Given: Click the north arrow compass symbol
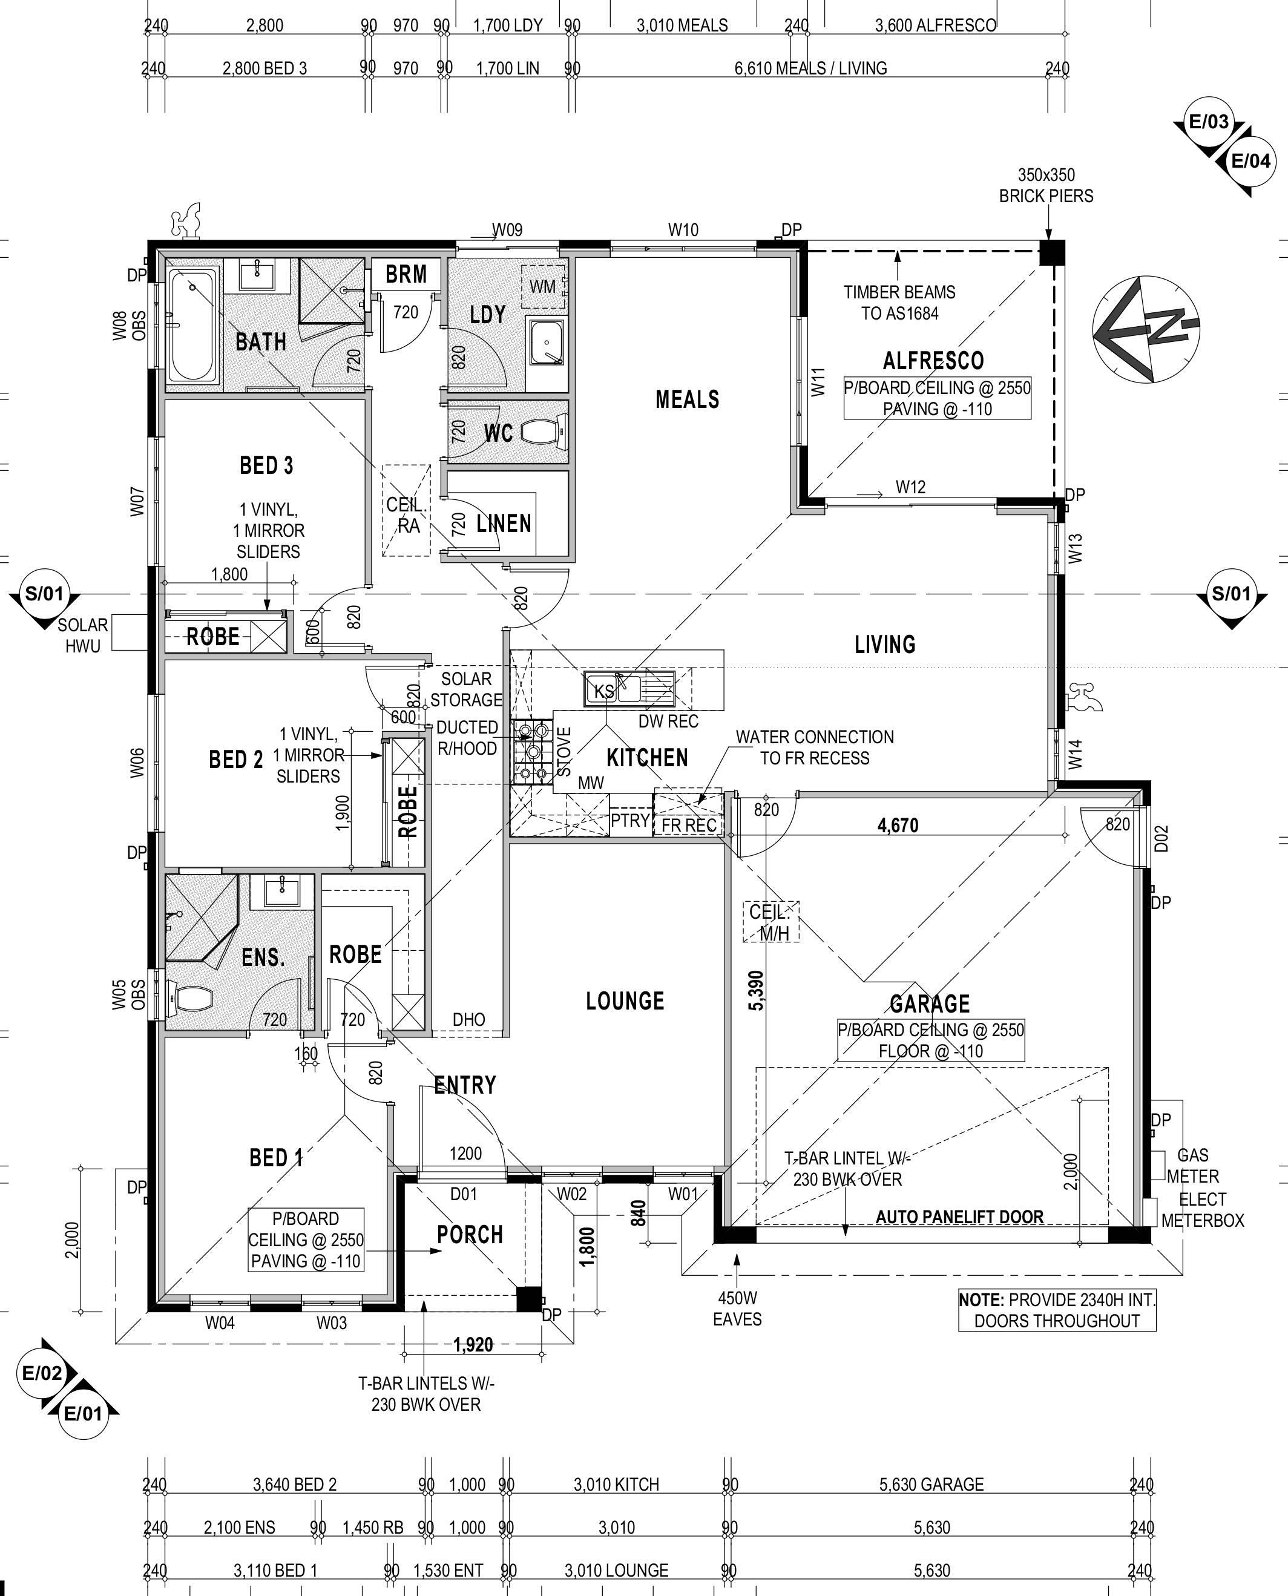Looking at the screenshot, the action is [x=1146, y=329].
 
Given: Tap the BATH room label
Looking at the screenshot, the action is [x=260, y=342].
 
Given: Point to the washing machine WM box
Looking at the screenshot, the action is [x=543, y=286].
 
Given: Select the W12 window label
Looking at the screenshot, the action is [x=910, y=487].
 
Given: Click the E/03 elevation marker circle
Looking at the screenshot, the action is [x=1209, y=122].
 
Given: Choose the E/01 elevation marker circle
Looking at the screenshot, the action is [x=82, y=1413].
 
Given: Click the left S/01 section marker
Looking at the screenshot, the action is [x=45, y=594].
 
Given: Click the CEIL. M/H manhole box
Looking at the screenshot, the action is [x=771, y=922].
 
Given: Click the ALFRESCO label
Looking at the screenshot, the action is [x=933, y=361].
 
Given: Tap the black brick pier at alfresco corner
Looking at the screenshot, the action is [x=1051, y=253].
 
